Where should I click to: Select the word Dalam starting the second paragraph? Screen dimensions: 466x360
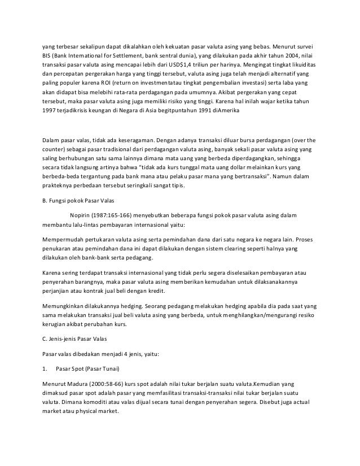(51, 138)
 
